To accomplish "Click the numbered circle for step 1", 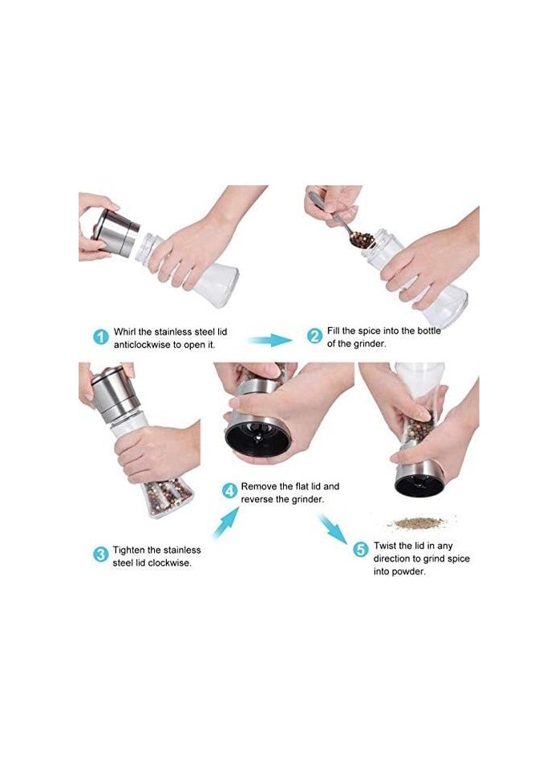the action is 100,337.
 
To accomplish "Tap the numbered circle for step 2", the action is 315,336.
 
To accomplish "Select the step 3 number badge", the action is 100,554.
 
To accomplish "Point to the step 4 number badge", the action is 229,491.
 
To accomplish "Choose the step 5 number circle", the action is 361,550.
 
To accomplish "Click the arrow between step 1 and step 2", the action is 271,339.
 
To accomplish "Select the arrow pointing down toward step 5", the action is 333,529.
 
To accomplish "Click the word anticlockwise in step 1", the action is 142,345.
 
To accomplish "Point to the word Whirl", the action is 125,332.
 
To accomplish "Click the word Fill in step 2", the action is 333,331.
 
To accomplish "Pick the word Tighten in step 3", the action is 129,550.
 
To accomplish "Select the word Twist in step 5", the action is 385,545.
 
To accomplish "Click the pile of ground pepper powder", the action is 418,523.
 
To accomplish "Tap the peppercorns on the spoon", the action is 361,241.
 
